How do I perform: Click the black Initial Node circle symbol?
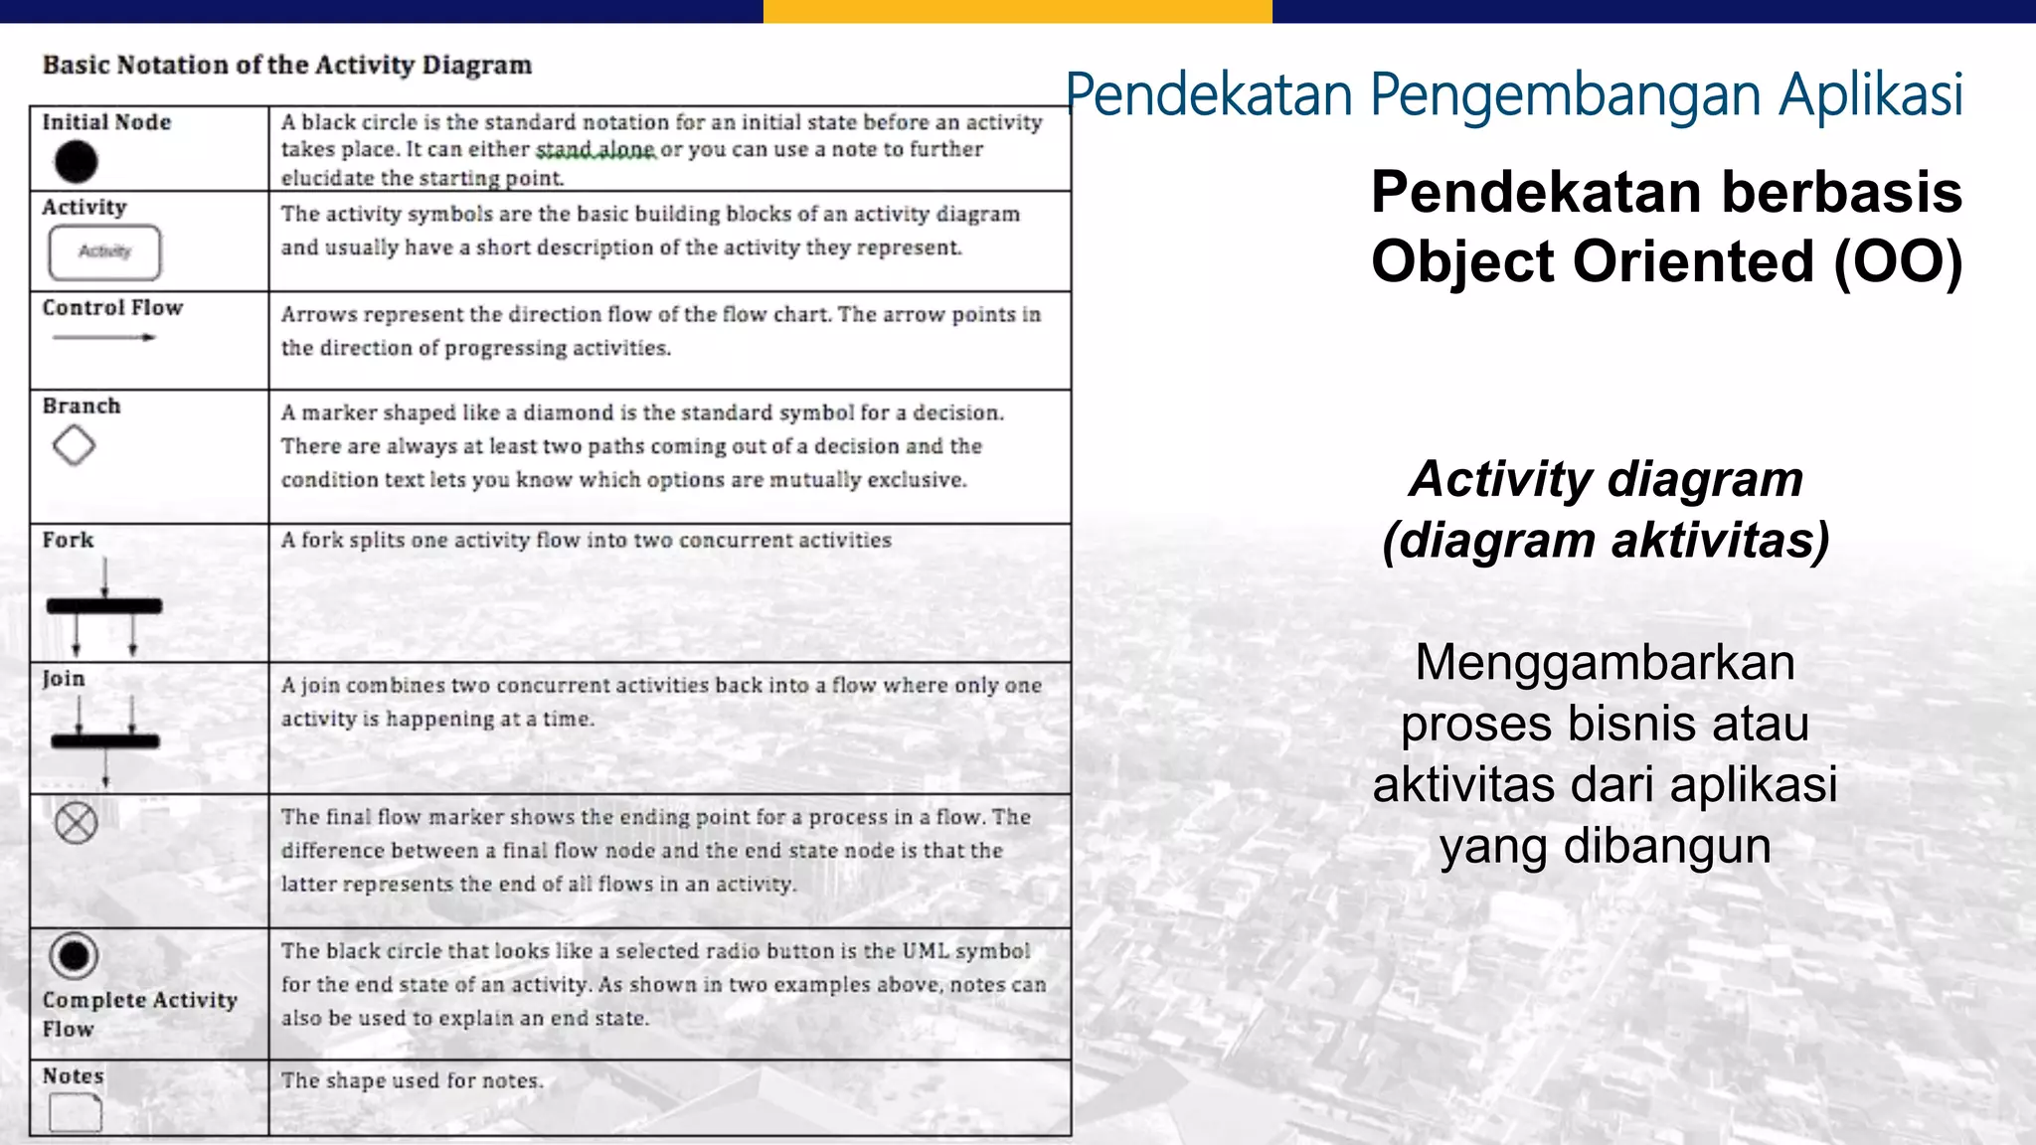click(x=76, y=161)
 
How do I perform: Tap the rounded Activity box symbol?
click(x=104, y=252)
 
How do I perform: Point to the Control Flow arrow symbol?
click(x=104, y=338)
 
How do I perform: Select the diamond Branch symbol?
click(x=74, y=445)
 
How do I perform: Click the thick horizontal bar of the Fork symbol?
click(x=104, y=605)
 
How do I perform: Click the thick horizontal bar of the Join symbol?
click(x=105, y=740)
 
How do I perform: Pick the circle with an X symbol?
click(x=76, y=823)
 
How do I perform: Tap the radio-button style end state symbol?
click(x=74, y=956)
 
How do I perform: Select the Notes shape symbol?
click(x=76, y=1113)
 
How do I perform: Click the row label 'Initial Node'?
click(x=106, y=122)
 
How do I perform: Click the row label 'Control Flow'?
click(x=112, y=308)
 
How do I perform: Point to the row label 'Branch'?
click(x=82, y=407)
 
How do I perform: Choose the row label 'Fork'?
click(x=68, y=540)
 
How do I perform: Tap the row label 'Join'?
click(x=64, y=679)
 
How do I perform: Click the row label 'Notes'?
click(x=73, y=1076)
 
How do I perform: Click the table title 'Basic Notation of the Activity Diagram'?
click(x=287, y=66)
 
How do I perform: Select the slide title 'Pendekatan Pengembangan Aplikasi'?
click(x=1514, y=95)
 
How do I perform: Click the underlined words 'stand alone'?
click(x=595, y=150)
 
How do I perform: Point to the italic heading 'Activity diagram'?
click(x=1606, y=479)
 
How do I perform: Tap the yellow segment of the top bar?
click(x=1017, y=11)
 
